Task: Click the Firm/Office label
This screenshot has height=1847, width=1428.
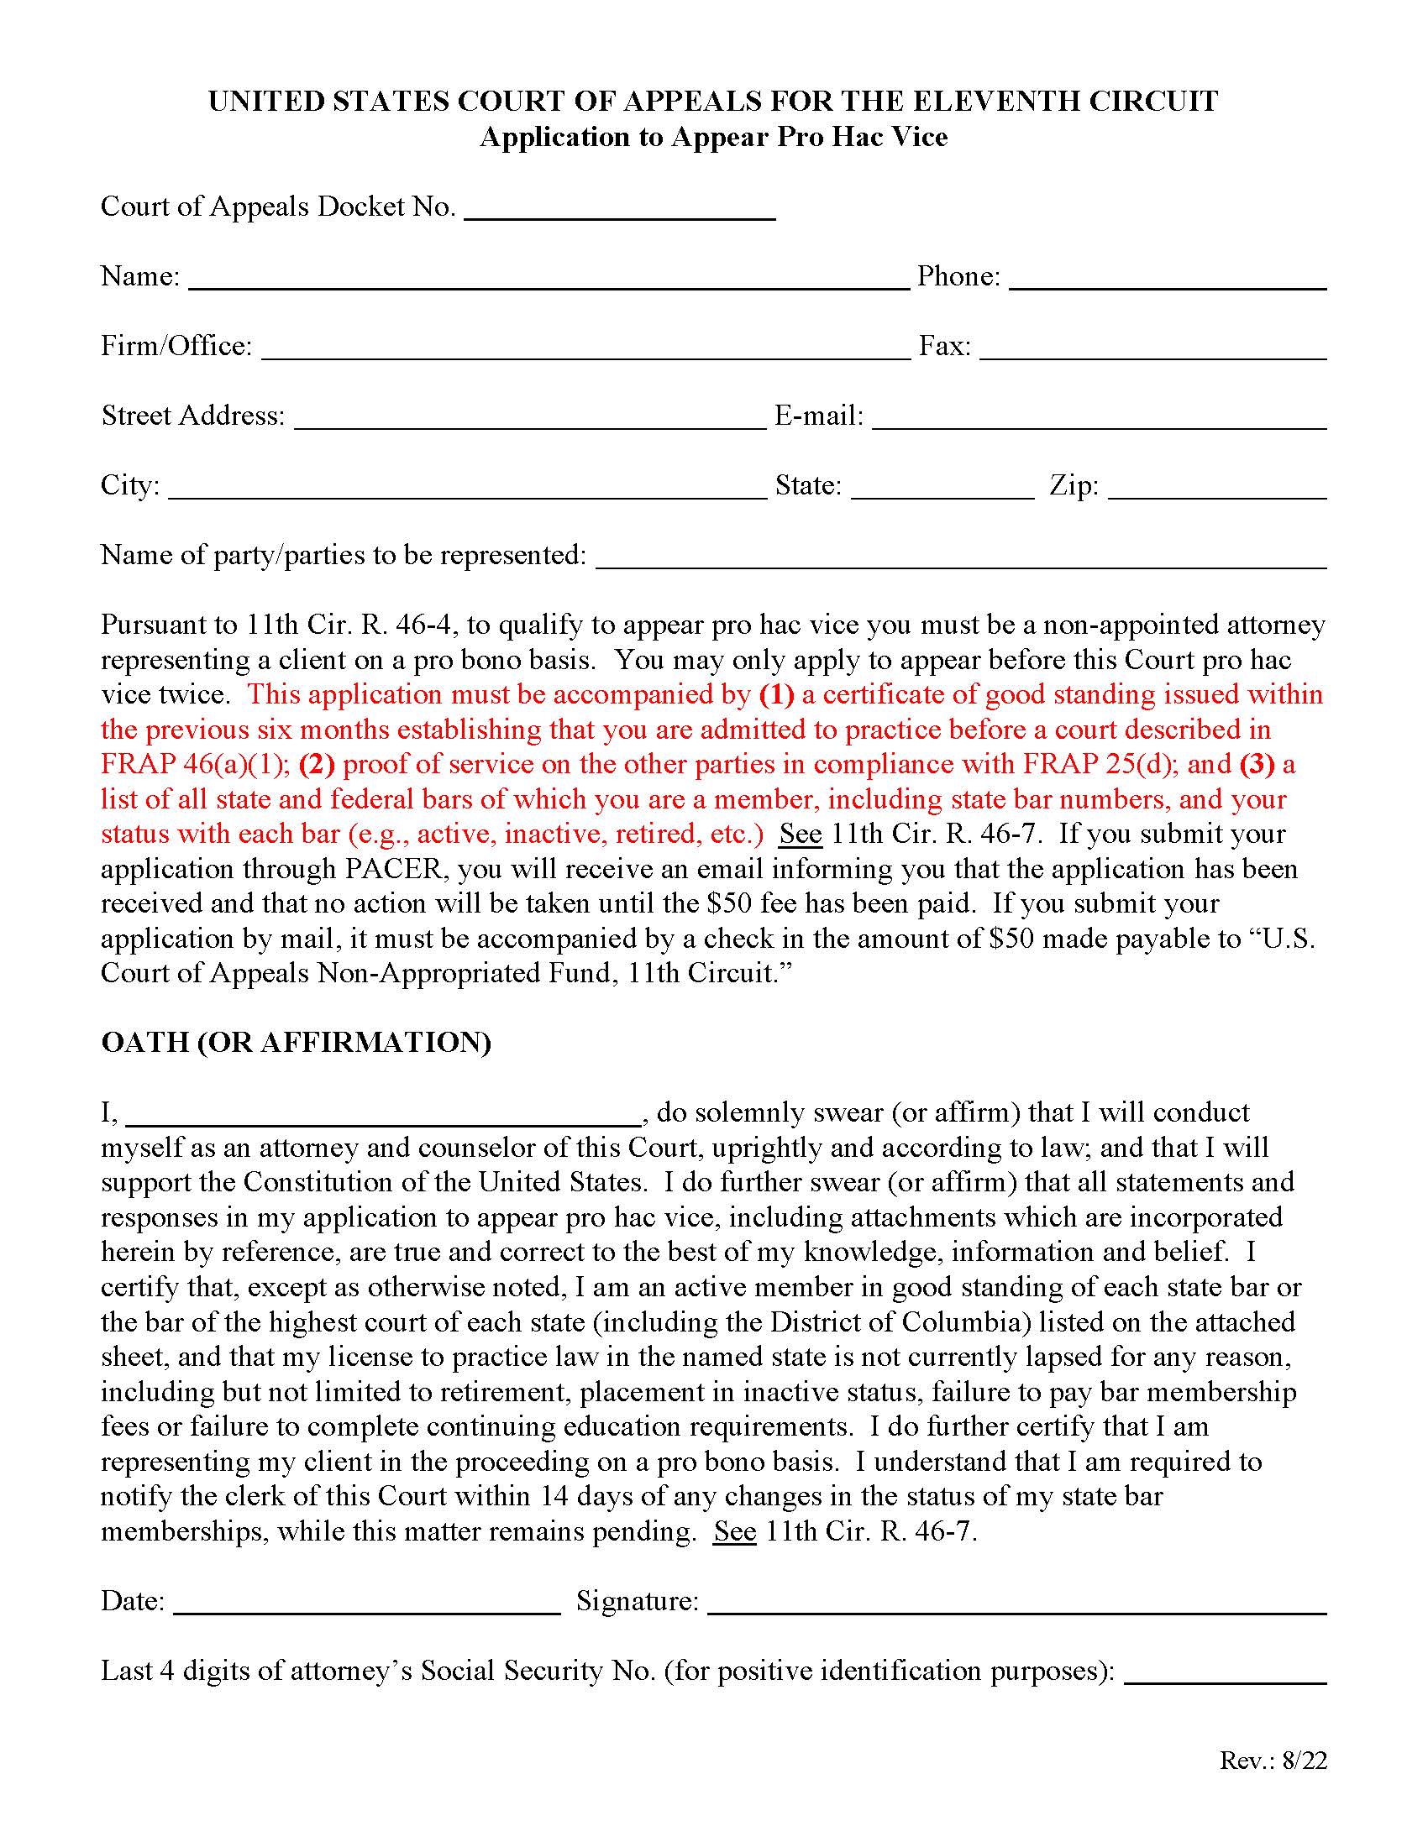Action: coord(176,346)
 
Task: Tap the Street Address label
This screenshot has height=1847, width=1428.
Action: coord(193,416)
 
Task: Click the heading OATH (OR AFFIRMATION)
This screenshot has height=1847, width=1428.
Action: coord(296,1042)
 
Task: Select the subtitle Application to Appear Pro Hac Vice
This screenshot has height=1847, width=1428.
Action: coord(713,137)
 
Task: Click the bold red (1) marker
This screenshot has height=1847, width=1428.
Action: coord(777,694)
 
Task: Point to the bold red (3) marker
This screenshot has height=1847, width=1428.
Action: coord(1257,765)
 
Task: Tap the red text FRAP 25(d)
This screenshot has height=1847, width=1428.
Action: coord(1100,765)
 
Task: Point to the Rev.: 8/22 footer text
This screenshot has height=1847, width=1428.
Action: coord(1273,1760)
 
